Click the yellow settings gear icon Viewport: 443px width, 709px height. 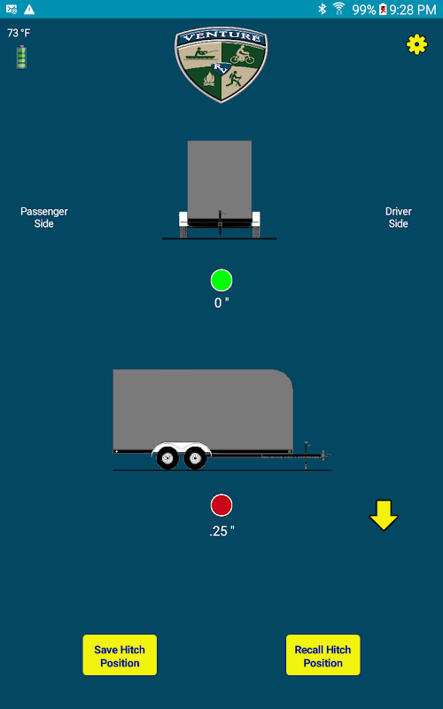[416, 44]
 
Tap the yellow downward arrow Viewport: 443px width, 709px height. [384, 515]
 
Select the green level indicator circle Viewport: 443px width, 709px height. [221, 280]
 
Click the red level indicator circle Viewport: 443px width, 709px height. [221, 505]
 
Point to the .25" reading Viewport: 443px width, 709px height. [222, 531]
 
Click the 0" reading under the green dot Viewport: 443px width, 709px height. [221, 303]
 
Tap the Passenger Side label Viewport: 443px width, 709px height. [44, 217]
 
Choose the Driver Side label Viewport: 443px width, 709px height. [398, 217]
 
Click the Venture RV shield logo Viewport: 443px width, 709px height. [221, 65]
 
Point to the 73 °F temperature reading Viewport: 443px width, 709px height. [19, 33]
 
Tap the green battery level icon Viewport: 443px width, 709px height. [21, 57]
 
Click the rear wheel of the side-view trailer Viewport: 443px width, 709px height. [167, 457]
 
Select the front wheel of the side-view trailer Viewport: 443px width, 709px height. [195, 457]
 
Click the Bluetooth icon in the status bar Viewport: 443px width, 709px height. [322, 9]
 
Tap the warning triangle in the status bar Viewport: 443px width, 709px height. [29, 9]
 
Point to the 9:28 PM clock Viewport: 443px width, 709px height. [413, 10]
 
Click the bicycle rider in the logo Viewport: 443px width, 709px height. [243, 55]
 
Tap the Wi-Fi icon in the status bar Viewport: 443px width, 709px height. [339, 9]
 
